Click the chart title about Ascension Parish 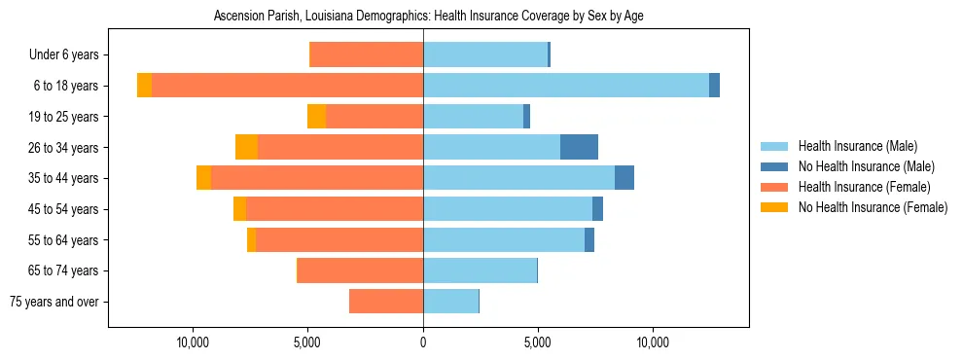tap(428, 17)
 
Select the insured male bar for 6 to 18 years tap(565, 86)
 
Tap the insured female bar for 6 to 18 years tap(287, 86)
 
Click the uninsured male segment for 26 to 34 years tap(579, 147)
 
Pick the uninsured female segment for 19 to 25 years tap(316, 117)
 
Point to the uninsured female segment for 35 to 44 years tap(203, 178)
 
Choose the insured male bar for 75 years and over tap(450, 302)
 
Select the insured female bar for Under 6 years tap(366, 54)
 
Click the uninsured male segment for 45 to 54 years tap(597, 209)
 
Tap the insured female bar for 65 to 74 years tap(360, 270)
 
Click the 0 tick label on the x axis tap(423, 343)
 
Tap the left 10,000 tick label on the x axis tap(194, 343)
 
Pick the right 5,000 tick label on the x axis tap(538, 343)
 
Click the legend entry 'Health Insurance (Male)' tap(857, 146)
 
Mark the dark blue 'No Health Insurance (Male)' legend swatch tap(775, 166)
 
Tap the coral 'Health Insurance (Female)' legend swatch tap(775, 187)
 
